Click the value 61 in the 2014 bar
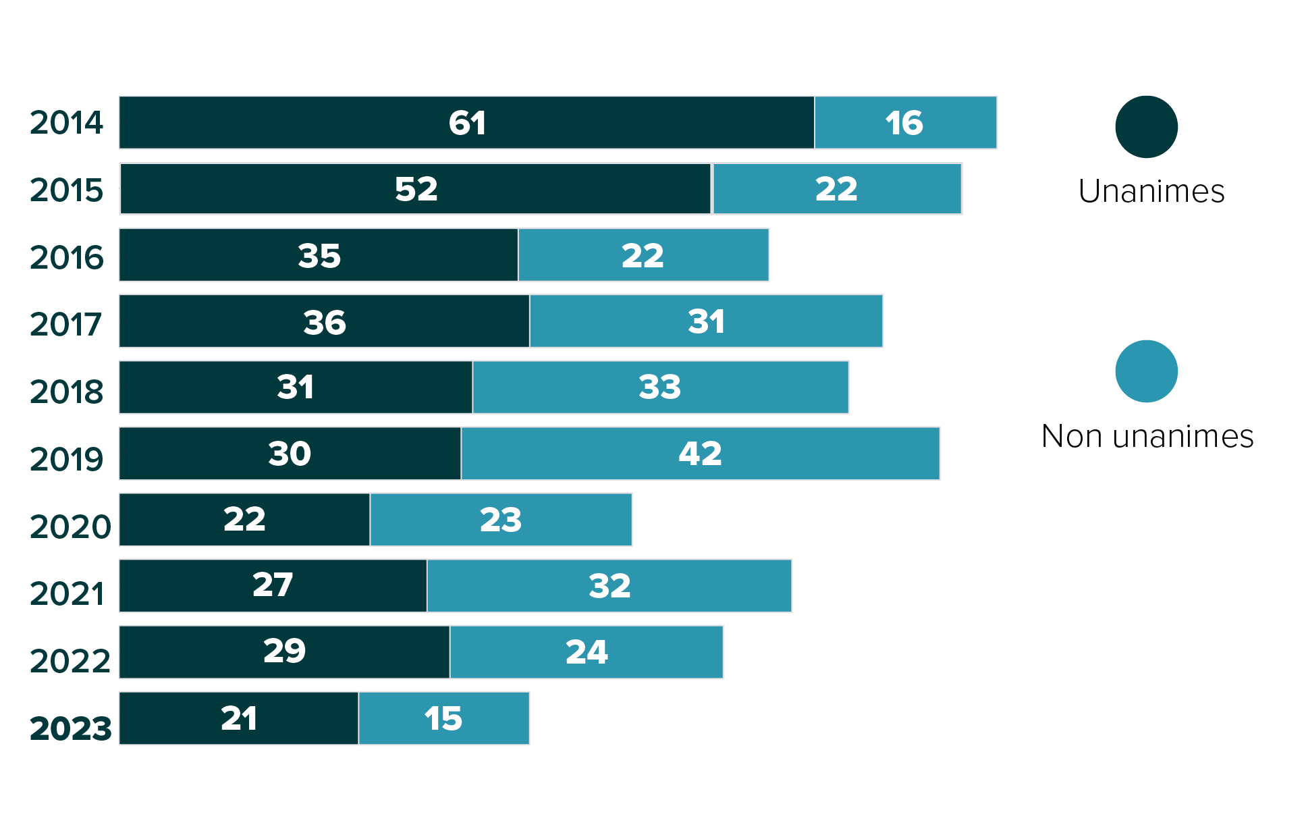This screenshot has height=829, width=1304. [467, 123]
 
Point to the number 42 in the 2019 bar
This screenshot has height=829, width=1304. [700, 453]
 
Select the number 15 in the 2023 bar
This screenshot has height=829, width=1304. [443, 718]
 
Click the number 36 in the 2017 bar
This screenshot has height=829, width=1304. [325, 322]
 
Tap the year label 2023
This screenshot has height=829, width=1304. [70, 728]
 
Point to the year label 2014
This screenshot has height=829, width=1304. [66, 123]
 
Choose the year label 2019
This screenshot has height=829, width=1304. [66, 459]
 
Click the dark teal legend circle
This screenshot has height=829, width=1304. [1146, 127]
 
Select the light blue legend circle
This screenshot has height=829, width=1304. [1146, 371]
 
